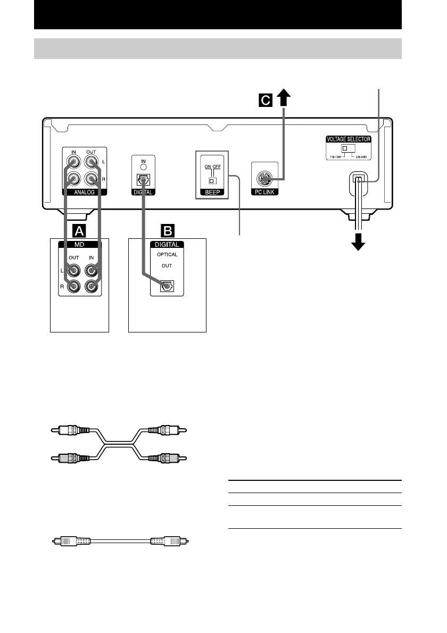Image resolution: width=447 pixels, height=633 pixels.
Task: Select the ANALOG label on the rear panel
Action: pos(85,192)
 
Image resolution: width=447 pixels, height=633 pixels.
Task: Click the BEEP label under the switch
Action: pos(212,192)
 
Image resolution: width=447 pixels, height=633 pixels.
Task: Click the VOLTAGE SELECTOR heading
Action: pos(348,139)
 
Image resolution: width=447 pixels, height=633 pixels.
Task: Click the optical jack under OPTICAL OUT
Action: pos(167,286)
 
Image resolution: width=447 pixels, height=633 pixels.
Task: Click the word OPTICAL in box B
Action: pos(167,255)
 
